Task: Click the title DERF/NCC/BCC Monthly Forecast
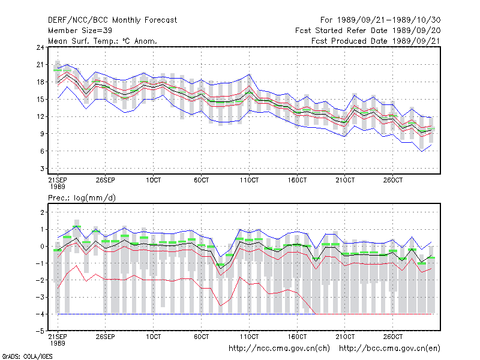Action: [112, 20]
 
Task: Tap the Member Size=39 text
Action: [80, 31]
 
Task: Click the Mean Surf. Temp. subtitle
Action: [103, 41]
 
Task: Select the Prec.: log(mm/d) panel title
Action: [82, 198]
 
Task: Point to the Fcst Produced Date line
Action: [376, 41]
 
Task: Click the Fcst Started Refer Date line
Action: [368, 31]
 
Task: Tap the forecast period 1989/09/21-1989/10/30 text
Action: [380, 20]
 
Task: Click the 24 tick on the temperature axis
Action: [40, 47]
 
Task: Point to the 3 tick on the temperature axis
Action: [42, 169]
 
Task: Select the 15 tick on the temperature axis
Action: [40, 99]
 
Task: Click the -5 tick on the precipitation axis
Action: [40, 331]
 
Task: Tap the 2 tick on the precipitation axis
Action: [42, 212]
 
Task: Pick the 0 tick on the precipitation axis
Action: [42, 246]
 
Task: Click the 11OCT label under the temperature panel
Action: [249, 181]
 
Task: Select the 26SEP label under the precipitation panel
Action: [106, 337]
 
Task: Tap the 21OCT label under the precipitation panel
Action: [345, 337]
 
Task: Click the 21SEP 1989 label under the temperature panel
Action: [58, 184]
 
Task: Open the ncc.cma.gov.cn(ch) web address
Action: [279, 349]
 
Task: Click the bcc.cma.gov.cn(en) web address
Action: [389, 349]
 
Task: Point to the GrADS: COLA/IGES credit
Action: [28, 356]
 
